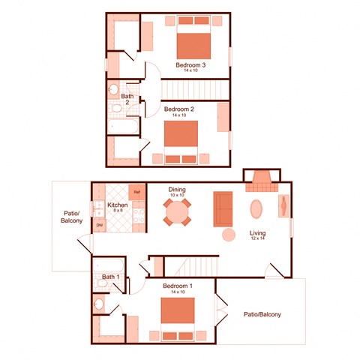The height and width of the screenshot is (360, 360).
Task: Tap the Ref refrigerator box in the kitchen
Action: coord(137,192)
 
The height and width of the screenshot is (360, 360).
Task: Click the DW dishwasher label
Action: coord(99,224)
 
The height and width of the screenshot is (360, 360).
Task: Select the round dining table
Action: coord(178,211)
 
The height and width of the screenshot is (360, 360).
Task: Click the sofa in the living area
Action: coord(223,208)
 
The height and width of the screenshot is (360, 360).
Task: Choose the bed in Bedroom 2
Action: coord(181,136)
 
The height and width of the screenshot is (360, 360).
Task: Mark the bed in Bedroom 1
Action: coord(178,313)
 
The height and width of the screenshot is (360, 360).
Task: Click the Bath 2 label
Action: coord(127,98)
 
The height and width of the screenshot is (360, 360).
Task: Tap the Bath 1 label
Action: coord(111,278)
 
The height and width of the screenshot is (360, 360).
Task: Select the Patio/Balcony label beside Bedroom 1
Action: coord(262,315)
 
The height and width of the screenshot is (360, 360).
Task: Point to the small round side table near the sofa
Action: coord(229,235)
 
